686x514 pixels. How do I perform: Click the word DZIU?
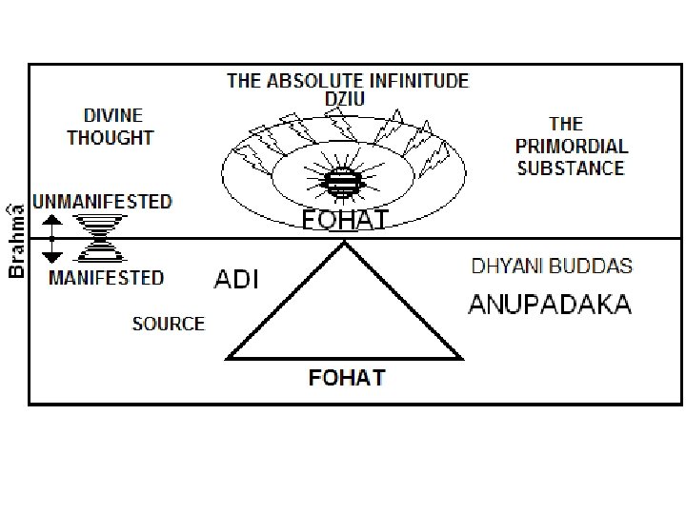pyautogui.click(x=347, y=98)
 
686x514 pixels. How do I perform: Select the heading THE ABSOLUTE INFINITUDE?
pyautogui.click(x=347, y=81)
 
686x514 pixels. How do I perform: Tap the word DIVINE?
pyautogui.click(x=112, y=115)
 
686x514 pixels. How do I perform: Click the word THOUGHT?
pyautogui.click(x=111, y=137)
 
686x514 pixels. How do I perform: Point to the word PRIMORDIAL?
pyautogui.click(x=572, y=147)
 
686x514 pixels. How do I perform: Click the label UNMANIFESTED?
pyautogui.click(x=103, y=202)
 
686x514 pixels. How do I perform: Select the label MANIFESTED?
pyautogui.click(x=106, y=278)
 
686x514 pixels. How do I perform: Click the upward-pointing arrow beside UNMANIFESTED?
pyautogui.click(x=53, y=225)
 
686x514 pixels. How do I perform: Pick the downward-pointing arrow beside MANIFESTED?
pyautogui.click(x=53, y=250)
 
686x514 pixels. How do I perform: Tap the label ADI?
pyautogui.click(x=236, y=281)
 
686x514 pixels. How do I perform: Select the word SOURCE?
pyautogui.click(x=168, y=324)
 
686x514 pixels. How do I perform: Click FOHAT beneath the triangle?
pyautogui.click(x=347, y=378)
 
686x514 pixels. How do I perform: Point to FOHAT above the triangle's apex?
pyautogui.click(x=344, y=221)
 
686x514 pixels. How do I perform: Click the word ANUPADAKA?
pyautogui.click(x=550, y=305)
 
